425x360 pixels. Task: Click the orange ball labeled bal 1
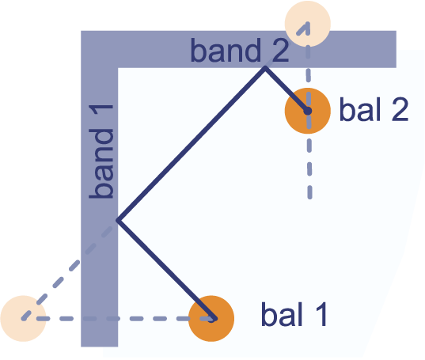pyautogui.click(x=211, y=318)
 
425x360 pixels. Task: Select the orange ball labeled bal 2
pyautogui.click(x=308, y=111)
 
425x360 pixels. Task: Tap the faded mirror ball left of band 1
pyautogui.click(x=23, y=318)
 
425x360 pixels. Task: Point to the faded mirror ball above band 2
pyautogui.click(x=308, y=24)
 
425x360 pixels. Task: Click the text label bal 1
pyautogui.click(x=294, y=314)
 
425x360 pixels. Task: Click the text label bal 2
pyautogui.click(x=374, y=109)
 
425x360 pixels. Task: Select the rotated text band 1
pyautogui.click(x=101, y=151)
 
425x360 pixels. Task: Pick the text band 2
pyautogui.click(x=240, y=50)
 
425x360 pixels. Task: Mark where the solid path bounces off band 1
pyautogui.click(x=118, y=220)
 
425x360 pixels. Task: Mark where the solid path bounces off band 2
pyautogui.click(x=265, y=68)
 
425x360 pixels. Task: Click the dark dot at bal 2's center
pyautogui.click(x=308, y=111)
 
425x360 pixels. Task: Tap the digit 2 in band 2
pyautogui.click(x=280, y=50)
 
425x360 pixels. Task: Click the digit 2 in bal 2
pyautogui.click(x=400, y=109)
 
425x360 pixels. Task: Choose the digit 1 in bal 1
pyautogui.click(x=321, y=314)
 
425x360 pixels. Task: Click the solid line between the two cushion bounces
pyautogui.click(x=192, y=144)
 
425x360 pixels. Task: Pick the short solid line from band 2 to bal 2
pyautogui.click(x=286, y=89)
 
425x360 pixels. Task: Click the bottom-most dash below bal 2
pyautogui.click(x=309, y=192)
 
